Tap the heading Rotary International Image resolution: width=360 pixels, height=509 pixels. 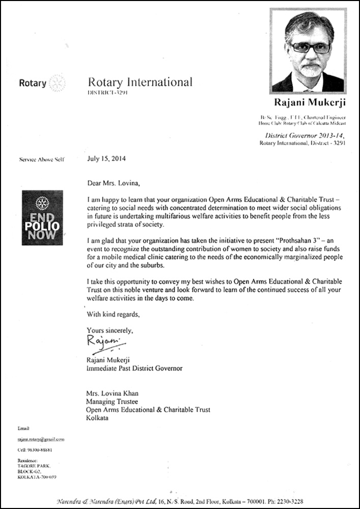(140, 82)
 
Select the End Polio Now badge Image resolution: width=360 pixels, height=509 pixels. (42, 217)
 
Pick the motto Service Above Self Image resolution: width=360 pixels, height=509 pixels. (37, 160)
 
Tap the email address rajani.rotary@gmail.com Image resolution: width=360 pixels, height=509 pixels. (41, 439)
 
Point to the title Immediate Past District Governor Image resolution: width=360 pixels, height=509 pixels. (134, 368)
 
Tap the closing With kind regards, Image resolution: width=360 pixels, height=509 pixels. (113, 314)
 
